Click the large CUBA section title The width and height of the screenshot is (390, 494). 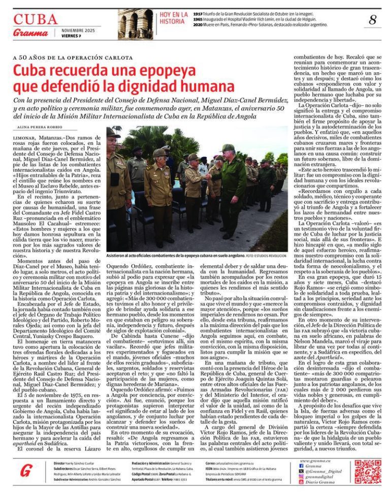36,19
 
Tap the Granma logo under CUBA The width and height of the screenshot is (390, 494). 30,33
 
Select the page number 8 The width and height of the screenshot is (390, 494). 372,20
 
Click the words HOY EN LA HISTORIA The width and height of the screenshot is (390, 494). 173,18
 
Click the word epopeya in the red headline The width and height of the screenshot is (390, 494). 152,70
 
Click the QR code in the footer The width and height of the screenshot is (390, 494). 367,472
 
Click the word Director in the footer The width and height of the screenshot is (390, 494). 59,464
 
